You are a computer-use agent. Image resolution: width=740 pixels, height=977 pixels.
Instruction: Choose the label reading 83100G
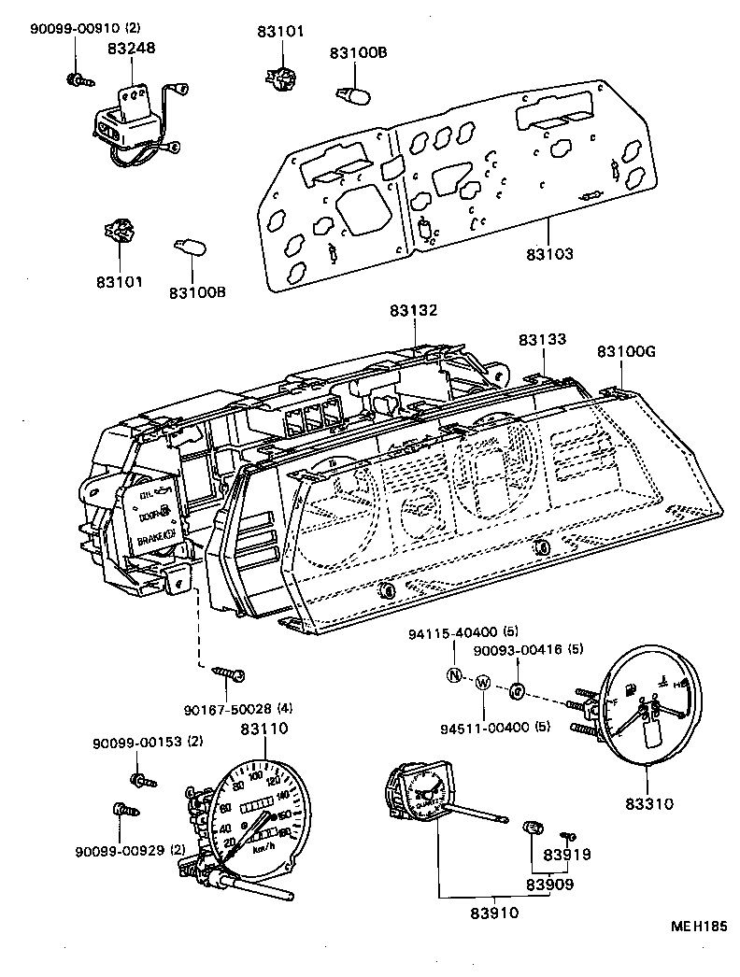point(626,351)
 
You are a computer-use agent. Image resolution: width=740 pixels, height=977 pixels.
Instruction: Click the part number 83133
point(543,340)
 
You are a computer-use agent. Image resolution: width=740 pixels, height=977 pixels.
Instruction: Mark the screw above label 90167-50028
point(229,672)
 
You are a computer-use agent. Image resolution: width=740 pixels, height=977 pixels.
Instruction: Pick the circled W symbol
point(482,683)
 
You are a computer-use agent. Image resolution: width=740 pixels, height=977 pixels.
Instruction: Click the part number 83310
point(647,802)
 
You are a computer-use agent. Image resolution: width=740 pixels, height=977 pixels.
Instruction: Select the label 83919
point(567,854)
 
